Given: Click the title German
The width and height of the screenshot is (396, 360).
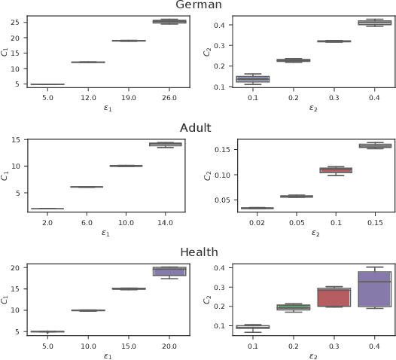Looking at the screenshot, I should pos(198,5).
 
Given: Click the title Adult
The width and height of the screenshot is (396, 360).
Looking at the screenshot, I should pos(196,129).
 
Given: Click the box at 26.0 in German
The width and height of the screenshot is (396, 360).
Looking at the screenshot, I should pos(169,21).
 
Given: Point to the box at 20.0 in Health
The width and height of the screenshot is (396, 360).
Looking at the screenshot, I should pos(169,271).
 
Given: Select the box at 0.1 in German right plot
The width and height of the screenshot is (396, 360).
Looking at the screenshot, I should pos(253,79).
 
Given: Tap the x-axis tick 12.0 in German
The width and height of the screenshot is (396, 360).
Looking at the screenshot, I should pos(88,96).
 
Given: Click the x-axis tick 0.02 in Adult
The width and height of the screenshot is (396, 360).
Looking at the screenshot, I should pos(253,223).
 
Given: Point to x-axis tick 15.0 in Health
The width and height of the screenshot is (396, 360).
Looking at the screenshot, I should pos(129,346).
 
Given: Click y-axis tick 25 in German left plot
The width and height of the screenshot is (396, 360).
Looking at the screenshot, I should pos(15,22).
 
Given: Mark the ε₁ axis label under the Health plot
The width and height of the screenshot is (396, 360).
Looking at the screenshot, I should pos(108,355).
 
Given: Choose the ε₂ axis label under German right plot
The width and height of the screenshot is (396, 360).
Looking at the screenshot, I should pos(314,107).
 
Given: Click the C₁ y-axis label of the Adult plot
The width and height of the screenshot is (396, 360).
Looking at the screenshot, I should pos(5,174).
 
